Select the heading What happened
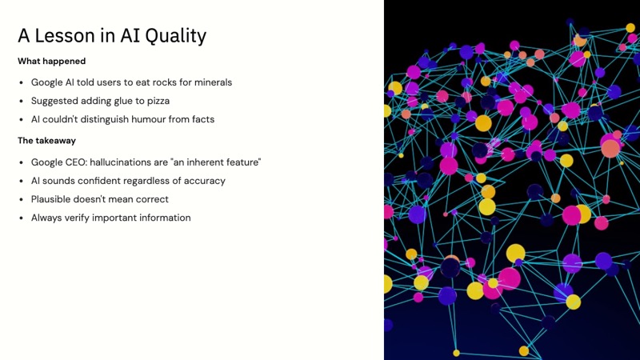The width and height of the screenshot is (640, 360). point(51,61)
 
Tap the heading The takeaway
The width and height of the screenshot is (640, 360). point(46,141)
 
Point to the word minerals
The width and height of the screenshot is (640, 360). point(212,82)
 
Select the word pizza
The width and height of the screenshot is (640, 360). point(157,101)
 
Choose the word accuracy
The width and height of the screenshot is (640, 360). point(204,181)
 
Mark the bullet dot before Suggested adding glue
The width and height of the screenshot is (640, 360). point(22,102)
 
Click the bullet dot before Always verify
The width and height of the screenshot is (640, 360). point(22,218)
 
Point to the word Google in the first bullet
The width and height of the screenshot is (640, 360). point(48,82)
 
